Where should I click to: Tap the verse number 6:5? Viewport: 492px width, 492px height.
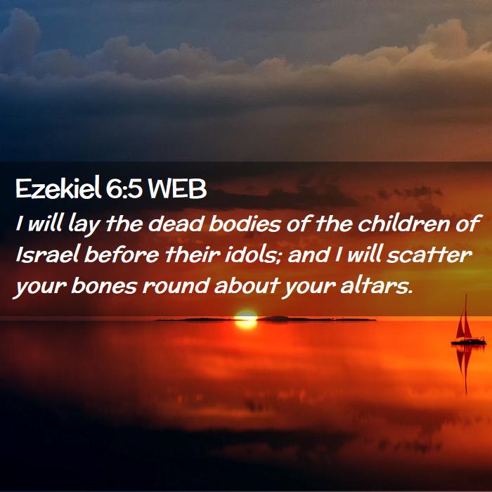124,188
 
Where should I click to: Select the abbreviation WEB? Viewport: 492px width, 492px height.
177,189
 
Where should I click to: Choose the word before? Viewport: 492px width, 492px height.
122,254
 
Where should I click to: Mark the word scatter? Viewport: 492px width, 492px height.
429,254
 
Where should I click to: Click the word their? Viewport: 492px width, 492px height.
193,254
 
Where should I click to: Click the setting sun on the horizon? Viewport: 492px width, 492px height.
246,319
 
